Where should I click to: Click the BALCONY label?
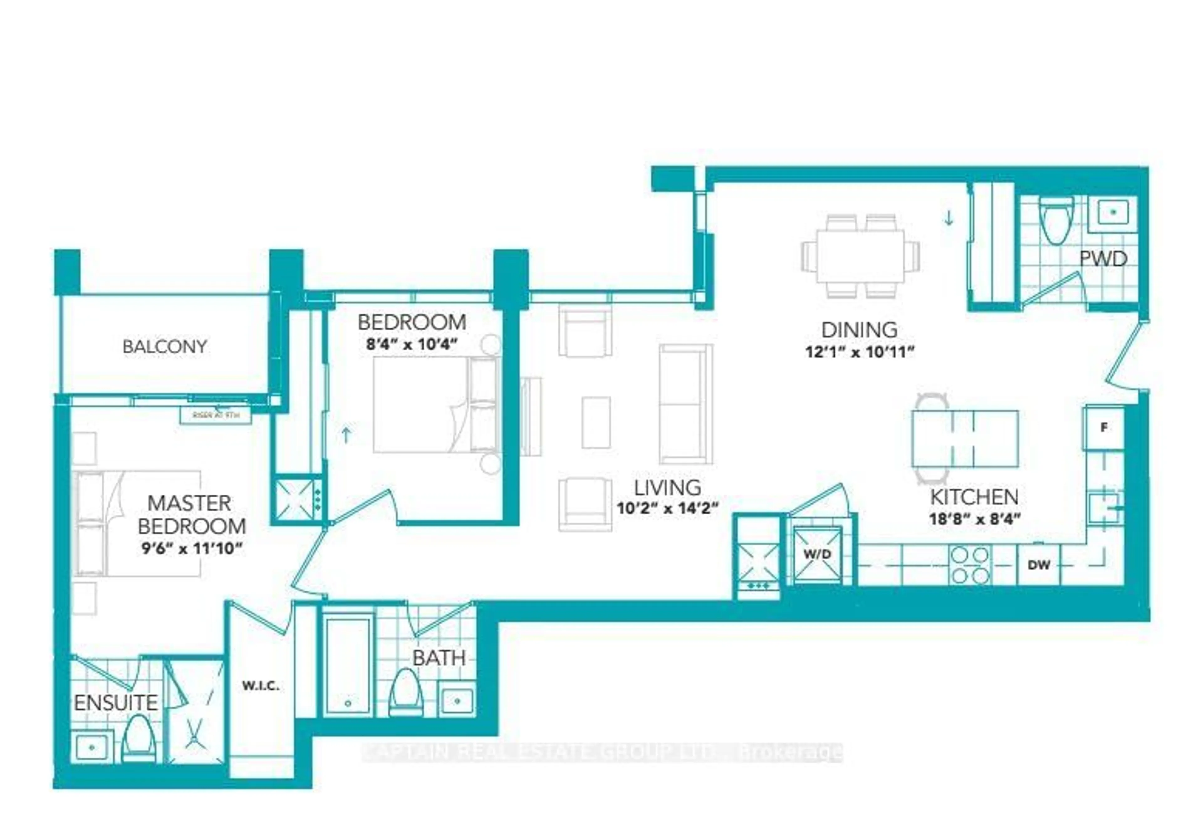click(164, 347)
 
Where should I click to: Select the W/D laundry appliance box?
click(817, 554)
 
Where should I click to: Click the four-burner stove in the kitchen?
click(970, 565)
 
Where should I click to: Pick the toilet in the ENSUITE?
click(139, 740)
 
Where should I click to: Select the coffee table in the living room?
click(596, 423)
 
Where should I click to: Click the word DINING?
click(859, 330)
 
